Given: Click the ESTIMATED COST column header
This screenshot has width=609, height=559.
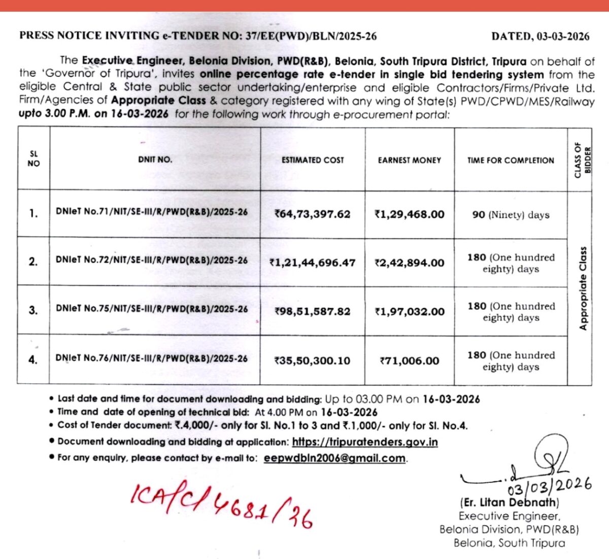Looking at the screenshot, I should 313,160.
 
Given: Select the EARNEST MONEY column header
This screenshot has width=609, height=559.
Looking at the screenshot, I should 409,160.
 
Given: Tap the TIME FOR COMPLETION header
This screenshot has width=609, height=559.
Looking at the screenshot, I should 511,160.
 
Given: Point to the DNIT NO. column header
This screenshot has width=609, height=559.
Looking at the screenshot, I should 155,159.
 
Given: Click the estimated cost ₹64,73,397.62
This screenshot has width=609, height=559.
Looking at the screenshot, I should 312,214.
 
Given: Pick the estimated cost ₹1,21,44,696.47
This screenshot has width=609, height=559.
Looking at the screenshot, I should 312,263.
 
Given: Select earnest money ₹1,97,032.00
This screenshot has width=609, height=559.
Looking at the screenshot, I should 409,312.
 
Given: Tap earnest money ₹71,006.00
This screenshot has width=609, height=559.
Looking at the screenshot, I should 409,361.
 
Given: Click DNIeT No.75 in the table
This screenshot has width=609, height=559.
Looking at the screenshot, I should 152,309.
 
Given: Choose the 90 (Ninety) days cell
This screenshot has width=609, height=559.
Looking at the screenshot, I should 511,215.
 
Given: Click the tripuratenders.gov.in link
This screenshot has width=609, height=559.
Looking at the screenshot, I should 365,442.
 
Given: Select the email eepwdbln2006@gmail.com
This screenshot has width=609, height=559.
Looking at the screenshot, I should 335,458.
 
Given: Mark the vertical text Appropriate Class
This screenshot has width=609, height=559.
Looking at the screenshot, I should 583,288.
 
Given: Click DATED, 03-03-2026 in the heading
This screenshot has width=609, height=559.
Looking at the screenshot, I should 540,36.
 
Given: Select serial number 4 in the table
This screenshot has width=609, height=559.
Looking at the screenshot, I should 33,360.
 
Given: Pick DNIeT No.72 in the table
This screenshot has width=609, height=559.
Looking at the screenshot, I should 152,260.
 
